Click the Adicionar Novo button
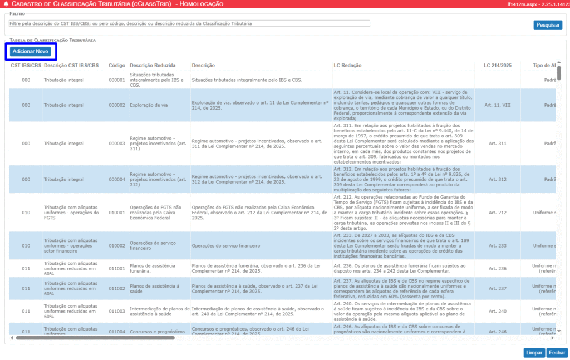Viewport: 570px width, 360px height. [31, 51]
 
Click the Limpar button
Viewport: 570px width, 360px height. [534, 353]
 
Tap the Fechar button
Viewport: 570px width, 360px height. [557, 353]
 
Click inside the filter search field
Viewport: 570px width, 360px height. [189, 23]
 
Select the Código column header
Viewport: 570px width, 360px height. [116, 66]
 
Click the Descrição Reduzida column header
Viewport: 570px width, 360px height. [153, 66]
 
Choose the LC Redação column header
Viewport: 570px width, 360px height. [347, 66]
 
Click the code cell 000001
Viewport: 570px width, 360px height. [116, 80]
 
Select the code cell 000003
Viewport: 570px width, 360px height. [116, 143]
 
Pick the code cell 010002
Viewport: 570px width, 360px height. [116, 245]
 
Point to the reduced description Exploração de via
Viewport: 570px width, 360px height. [149, 105]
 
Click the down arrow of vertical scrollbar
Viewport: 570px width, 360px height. [559, 331]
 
